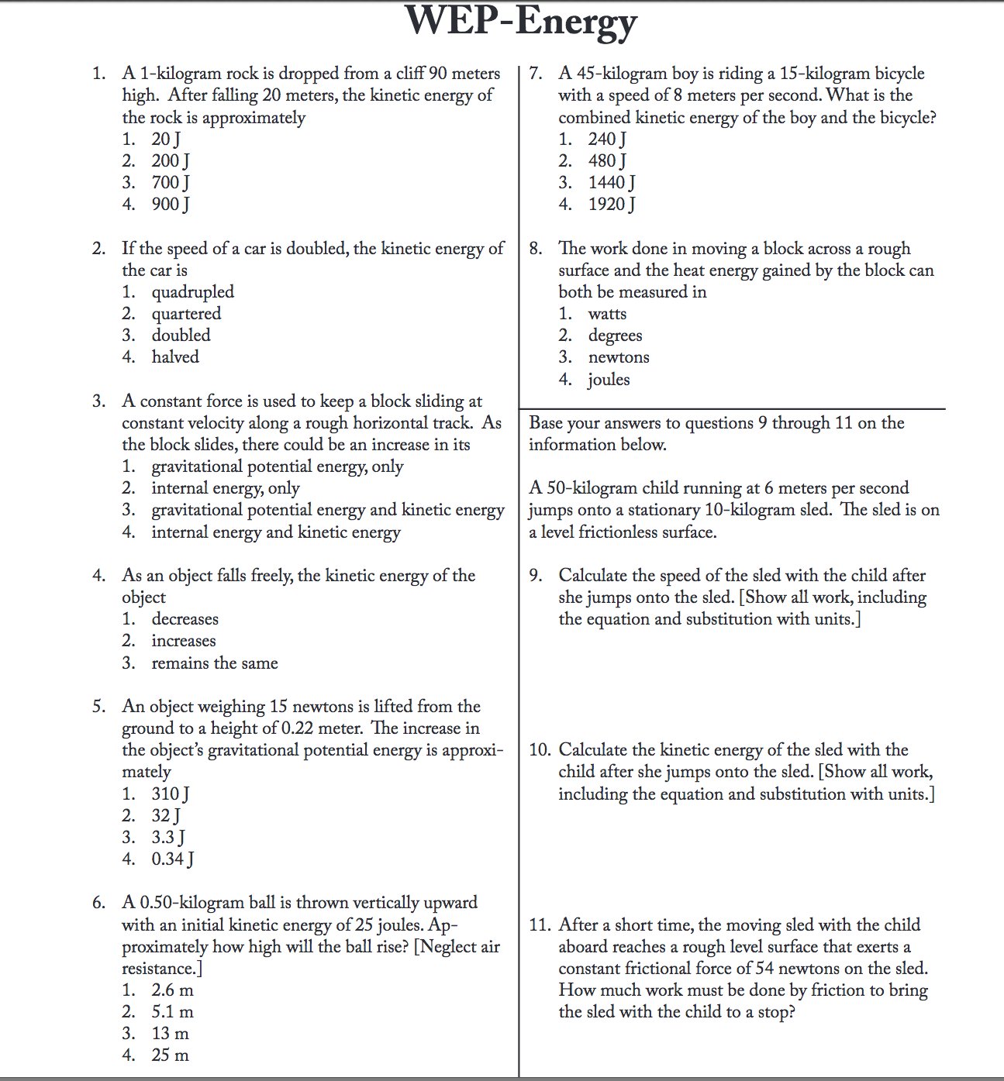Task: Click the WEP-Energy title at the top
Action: pos(520,22)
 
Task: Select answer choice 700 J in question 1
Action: pos(170,183)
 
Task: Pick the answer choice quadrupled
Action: pos(192,292)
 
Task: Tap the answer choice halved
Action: pos(175,357)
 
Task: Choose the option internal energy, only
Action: pos(225,488)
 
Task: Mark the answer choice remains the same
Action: pos(214,663)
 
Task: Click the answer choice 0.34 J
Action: pos(172,859)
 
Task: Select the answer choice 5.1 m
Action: pos(172,1012)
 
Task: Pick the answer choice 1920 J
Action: pos(611,205)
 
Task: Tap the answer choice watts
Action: pos(607,314)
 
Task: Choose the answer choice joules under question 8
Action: pos(609,380)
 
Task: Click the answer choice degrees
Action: pos(615,336)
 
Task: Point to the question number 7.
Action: pos(535,74)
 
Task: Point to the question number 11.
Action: pos(540,925)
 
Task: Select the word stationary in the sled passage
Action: pos(663,510)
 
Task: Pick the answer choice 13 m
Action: pos(170,1034)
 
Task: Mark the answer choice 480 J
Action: pos(606,161)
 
